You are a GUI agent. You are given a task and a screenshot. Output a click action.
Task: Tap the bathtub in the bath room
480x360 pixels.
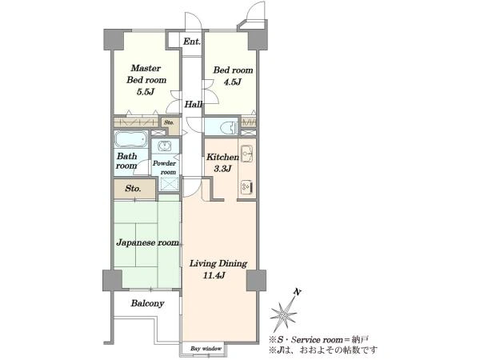click(x=130, y=139)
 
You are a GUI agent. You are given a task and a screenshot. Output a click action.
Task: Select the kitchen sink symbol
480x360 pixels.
click(x=247, y=154)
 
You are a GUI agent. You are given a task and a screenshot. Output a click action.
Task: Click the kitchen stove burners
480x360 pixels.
click(x=246, y=186)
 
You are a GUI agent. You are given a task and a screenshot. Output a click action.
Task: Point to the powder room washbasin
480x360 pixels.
click(x=166, y=146)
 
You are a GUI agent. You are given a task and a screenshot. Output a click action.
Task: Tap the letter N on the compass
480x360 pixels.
click(x=296, y=292)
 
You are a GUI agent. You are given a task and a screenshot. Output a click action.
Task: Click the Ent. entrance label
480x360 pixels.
click(x=192, y=42)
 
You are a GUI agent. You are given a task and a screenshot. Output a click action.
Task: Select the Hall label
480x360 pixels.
click(x=194, y=104)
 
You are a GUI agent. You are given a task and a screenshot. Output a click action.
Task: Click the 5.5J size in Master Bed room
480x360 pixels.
click(x=145, y=91)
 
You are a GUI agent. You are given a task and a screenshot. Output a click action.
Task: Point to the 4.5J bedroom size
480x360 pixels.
click(x=233, y=82)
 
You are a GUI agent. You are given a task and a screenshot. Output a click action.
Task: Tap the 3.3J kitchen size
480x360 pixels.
click(x=222, y=168)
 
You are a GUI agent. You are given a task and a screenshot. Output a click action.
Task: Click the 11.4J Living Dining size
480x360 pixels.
click(x=214, y=275)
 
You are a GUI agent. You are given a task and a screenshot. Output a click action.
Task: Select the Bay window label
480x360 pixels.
click(x=206, y=349)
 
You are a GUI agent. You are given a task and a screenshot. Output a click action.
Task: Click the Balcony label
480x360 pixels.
click(x=147, y=303)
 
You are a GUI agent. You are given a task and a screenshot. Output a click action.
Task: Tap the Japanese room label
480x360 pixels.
click(x=147, y=242)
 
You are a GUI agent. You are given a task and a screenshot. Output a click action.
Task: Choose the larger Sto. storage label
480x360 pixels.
click(x=133, y=189)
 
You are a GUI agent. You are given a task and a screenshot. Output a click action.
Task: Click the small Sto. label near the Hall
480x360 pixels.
click(x=169, y=122)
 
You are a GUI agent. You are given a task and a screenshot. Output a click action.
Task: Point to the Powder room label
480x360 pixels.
click(x=165, y=167)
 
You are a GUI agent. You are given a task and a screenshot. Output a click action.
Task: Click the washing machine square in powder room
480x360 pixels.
click(x=170, y=184)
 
